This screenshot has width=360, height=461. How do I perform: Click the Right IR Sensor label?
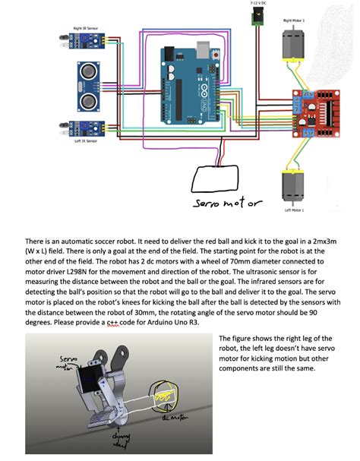tap(84, 28)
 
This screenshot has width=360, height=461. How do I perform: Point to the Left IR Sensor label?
tap(84, 141)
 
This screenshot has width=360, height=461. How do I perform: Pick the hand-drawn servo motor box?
tap(219, 179)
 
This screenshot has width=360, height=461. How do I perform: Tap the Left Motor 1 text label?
tap(294, 210)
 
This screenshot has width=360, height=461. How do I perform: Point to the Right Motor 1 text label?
tap(294, 21)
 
